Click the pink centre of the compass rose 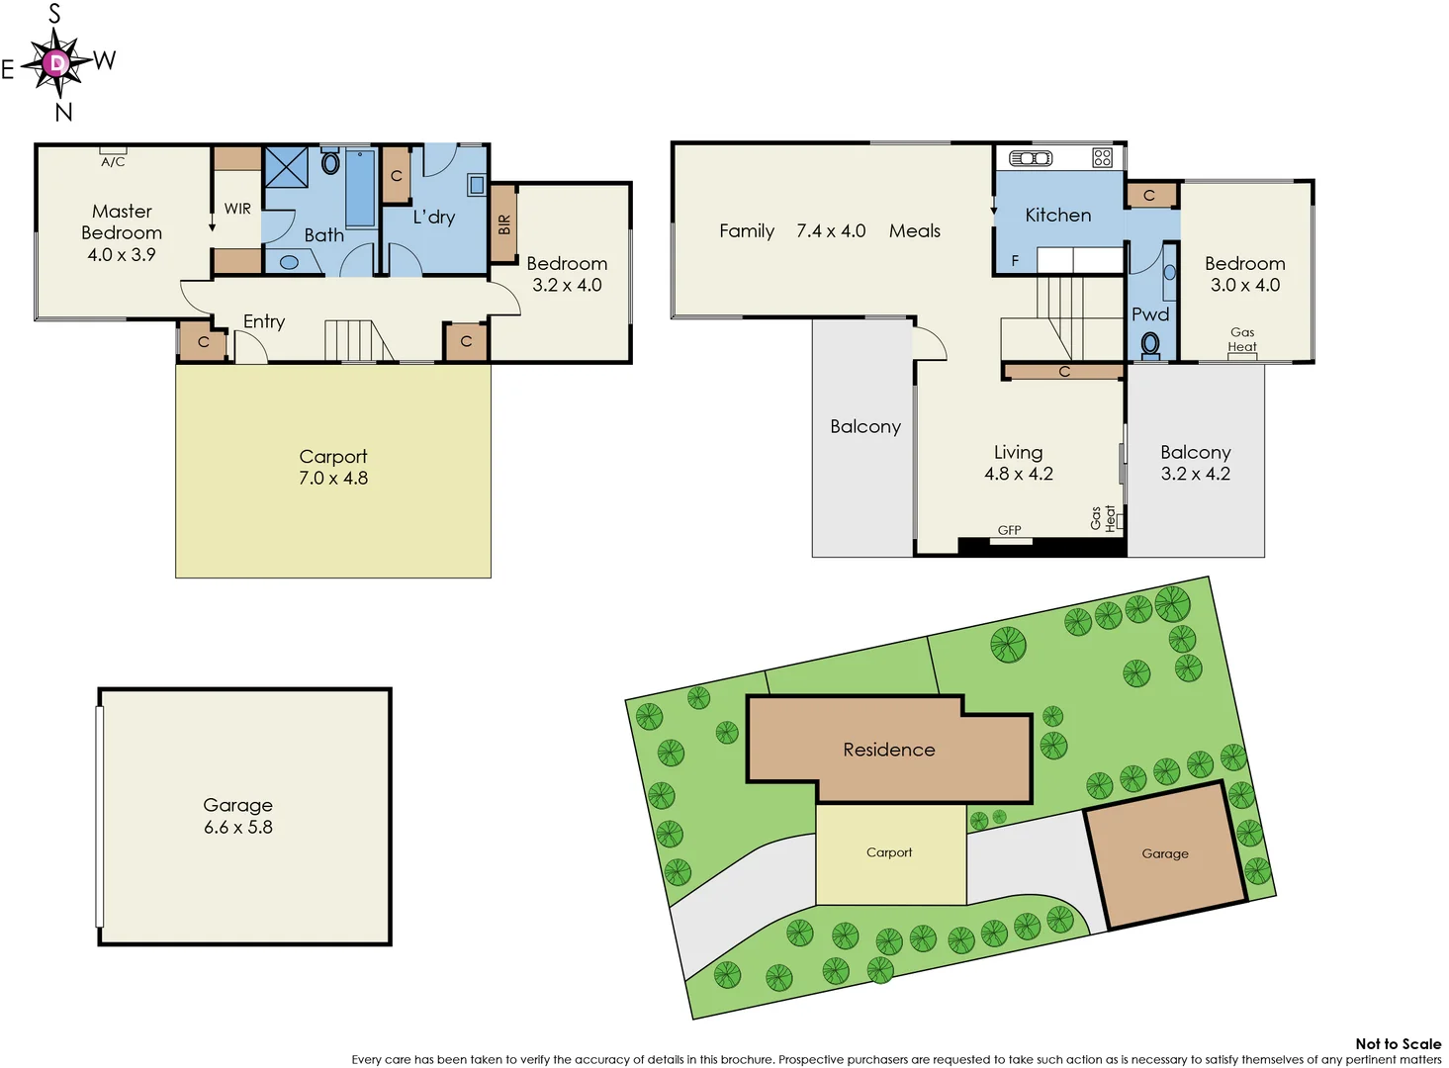57,64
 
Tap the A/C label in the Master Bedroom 113,161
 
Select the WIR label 237,209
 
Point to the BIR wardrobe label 503,224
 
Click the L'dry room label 433,217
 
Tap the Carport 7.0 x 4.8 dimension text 333,478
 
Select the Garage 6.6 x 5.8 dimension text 238,827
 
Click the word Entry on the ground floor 264,321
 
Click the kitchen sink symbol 1031,158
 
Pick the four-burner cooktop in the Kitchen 1103,157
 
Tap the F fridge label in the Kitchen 1015,261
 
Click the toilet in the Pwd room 1150,344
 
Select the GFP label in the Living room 1009,530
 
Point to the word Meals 914,230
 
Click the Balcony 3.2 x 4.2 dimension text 1195,474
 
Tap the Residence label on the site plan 888,750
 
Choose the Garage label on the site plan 1164,853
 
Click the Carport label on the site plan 889,852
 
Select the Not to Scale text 1398,1043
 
